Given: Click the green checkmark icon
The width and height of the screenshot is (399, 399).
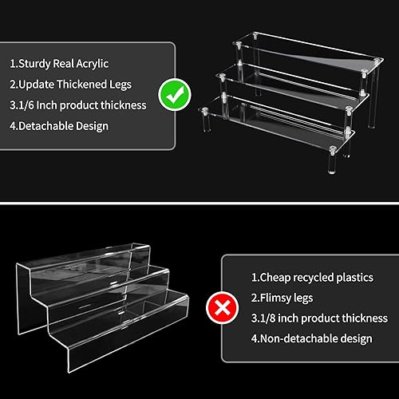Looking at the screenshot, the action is pos(175,94).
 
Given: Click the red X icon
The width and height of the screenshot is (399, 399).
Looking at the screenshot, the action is pos(223,307).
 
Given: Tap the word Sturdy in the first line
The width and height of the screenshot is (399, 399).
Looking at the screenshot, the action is pos(34,64).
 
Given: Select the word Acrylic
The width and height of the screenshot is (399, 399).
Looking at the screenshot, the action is pos(93,64).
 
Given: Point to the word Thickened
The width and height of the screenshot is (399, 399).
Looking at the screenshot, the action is pos(81,85).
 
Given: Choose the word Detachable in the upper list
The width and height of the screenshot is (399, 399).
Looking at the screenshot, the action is pos(45,126).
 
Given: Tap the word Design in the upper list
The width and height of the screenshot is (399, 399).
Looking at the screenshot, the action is pos(92,126).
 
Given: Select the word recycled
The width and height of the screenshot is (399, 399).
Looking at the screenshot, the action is pos(314,278).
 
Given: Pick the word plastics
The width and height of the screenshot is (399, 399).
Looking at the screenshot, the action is pos(355,278).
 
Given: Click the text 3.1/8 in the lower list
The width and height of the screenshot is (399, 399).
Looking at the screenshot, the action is pos(263,318).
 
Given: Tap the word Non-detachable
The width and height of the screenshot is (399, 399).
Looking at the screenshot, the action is pos(298,338).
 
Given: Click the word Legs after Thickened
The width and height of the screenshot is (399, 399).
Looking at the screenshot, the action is pos(120,85).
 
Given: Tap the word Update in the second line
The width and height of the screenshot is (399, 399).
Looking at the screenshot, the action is pos(37,85).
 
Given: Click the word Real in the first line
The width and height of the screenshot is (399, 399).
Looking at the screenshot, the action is pos(63,64).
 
